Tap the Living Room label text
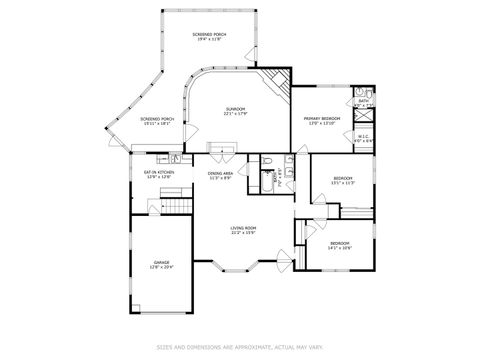tap(244, 228)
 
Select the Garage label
tap(162, 262)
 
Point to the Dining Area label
tap(221, 174)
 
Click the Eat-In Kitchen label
tap(160, 172)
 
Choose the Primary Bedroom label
tap(323, 119)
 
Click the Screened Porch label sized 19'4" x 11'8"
tap(210, 34)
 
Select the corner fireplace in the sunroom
tap(276, 81)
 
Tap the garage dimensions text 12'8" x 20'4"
tap(162, 267)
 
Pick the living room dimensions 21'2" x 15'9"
tap(244, 233)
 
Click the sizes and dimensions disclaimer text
tap(240, 347)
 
